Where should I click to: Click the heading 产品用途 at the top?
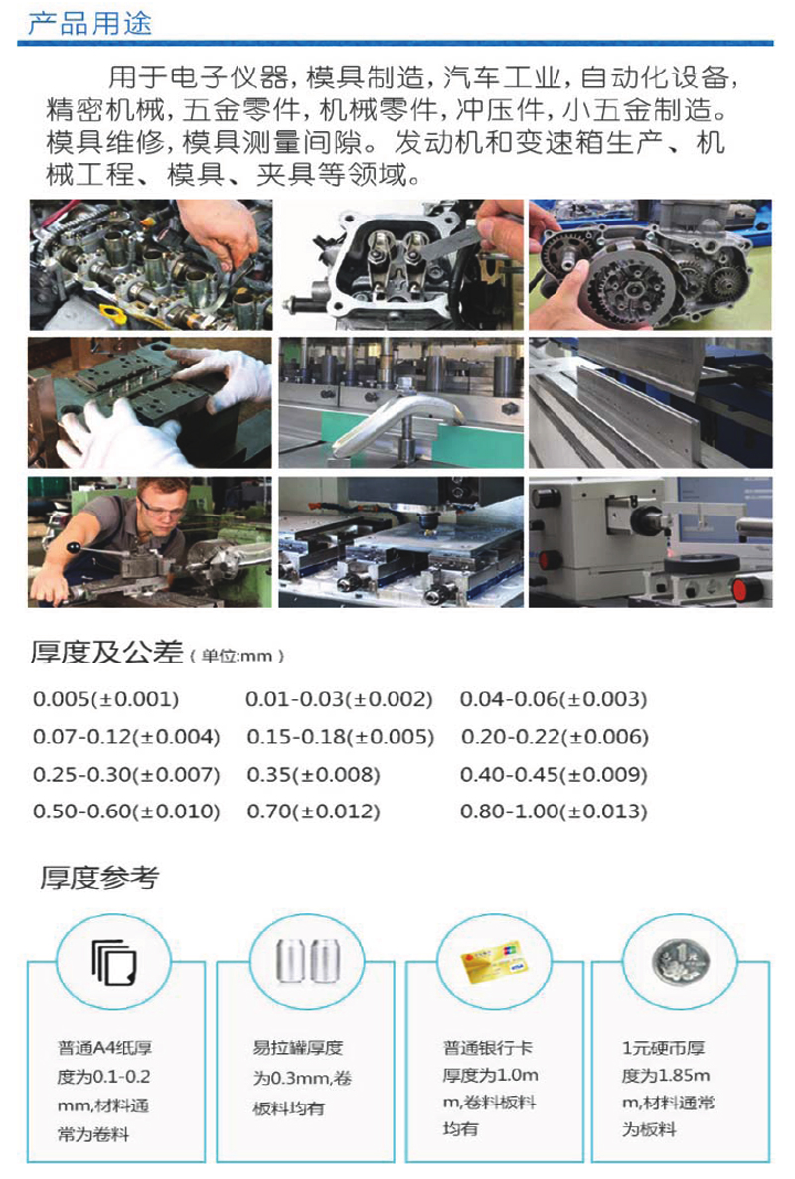tap(89, 23)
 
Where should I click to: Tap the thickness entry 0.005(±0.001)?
tap(106, 699)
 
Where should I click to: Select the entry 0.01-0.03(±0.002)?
tap(339, 699)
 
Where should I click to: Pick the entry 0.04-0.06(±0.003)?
tap(554, 699)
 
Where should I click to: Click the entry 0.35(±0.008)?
tap(314, 775)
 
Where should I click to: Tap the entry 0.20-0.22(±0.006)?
tap(556, 737)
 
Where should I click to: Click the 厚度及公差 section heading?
tap(106, 652)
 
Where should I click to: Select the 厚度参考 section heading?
tap(99, 877)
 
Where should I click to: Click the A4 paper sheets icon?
tap(113, 962)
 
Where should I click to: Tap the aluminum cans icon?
tap(308, 960)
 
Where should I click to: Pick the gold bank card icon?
tap(493, 960)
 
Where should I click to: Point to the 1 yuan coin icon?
tap(681, 962)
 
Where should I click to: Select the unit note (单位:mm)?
tap(237, 656)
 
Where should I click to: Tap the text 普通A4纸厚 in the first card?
tap(105, 1048)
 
